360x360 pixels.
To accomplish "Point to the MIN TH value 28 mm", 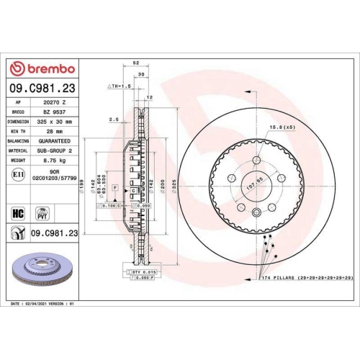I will point(54,132).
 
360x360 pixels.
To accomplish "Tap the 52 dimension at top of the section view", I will point(136,63).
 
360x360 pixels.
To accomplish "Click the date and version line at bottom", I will point(42,305).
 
